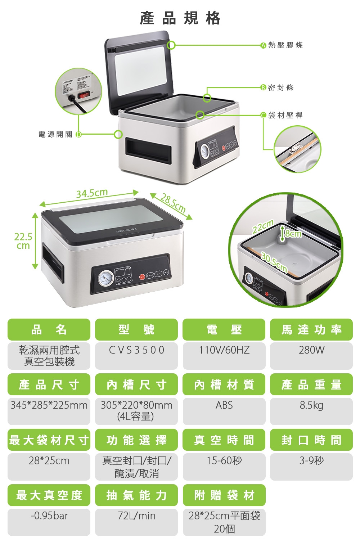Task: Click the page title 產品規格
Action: click(x=180, y=18)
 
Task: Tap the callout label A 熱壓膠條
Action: click(x=282, y=45)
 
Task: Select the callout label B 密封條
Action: click(x=277, y=87)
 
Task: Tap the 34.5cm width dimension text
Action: click(x=92, y=193)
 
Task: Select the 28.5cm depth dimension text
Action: click(x=173, y=204)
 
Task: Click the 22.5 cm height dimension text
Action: click(x=23, y=241)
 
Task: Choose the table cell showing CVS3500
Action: click(x=136, y=350)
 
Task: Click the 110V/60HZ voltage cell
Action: click(x=224, y=350)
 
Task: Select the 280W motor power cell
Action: click(x=311, y=350)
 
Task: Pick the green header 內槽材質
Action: click(x=224, y=384)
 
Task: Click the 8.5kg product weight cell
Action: click(x=311, y=405)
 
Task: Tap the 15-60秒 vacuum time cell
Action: click(x=224, y=460)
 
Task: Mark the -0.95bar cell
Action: click(x=49, y=516)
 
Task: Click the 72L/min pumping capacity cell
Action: click(x=136, y=516)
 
